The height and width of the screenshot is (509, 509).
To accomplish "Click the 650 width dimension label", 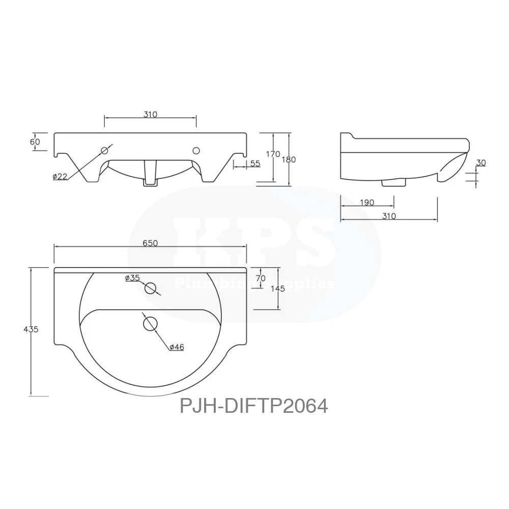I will [x=150, y=243].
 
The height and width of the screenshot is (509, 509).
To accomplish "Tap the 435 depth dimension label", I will [x=31, y=329].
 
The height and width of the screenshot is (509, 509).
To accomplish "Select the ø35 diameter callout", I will [x=132, y=278].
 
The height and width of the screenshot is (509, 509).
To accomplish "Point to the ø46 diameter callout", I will [x=177, y=347].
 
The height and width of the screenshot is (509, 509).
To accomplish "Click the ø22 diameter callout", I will [x=60, y=177].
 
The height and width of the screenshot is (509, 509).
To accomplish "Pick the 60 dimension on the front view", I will [x=35, y=142].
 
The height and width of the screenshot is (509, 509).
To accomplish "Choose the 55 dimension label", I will [x=255, y=163].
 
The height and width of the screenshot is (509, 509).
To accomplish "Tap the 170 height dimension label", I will [x=273, y=154].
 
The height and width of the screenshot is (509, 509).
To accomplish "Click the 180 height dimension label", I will [x=289, y=159].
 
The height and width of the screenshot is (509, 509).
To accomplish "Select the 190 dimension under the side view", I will [x=367, y=203].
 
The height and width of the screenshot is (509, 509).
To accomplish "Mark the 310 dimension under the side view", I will [x=388, y=216].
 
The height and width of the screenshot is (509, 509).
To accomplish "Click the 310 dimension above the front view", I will [x=150, y=115].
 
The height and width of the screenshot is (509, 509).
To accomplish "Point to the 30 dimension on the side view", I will [x=481, y=163].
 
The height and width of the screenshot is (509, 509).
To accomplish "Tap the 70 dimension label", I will [x=261, y=278].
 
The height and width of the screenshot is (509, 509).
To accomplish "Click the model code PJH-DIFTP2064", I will [x=253, y=406].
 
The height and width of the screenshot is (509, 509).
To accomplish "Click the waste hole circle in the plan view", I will [x=150, y=323].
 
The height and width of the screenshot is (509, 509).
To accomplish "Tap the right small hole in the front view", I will [x=196, y=150].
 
